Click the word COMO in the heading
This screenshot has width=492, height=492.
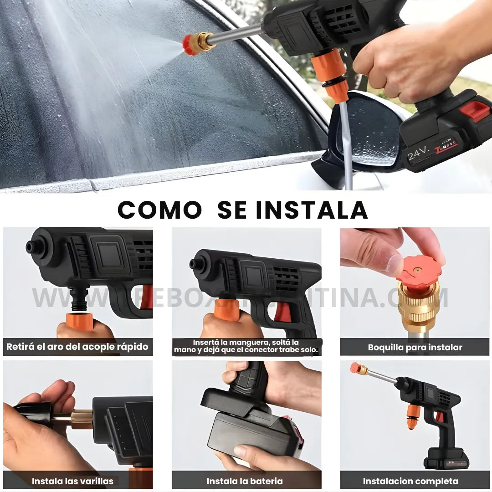point(159,210)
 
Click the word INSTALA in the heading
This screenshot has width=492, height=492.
point(312,210)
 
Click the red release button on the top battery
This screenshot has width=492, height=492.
point(475,111)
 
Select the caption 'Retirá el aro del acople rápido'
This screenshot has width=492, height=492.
point(77,347)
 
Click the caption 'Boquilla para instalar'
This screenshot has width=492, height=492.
point(415,347)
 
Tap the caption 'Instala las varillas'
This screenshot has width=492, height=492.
point(72,481)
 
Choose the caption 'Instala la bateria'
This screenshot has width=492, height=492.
point(245,481)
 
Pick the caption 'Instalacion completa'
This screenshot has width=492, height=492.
point(410,481)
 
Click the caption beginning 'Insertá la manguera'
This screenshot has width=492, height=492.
point(246,346)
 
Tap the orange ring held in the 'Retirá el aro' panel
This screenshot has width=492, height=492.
point(79,320)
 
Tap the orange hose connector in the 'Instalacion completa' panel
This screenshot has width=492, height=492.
point(413,415)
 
